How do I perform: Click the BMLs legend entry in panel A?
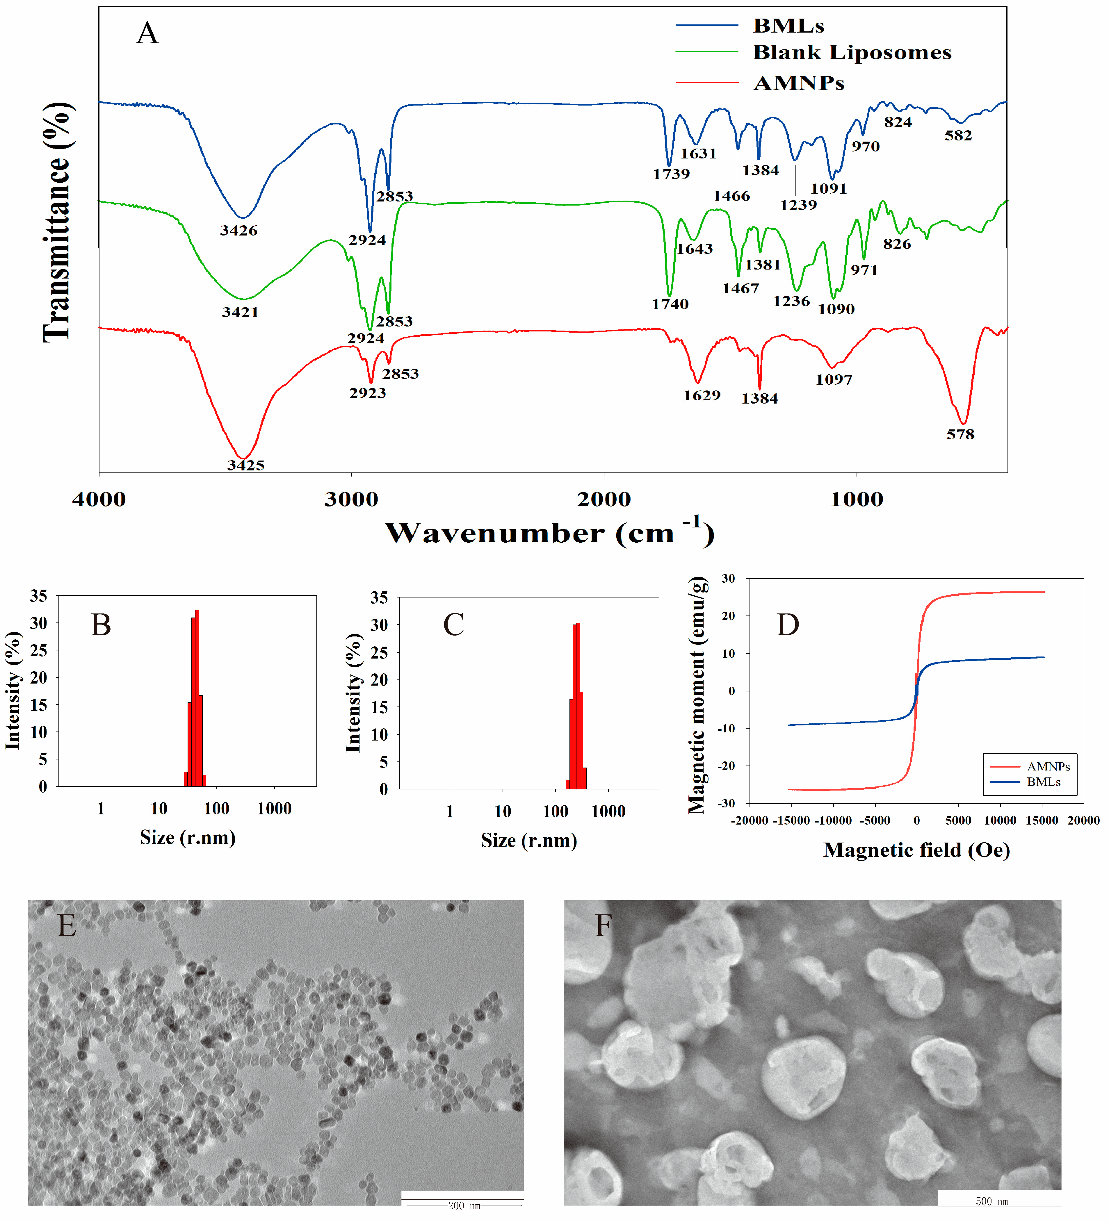(x=788, y=26)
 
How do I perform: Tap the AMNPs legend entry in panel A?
(x=799, y=83)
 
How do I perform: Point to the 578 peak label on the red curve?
(x=960, y=434)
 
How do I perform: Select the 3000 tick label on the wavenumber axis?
(x=351, y=499)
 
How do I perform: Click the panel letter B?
(x=101, y=625)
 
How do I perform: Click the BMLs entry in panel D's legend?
(x=1043, y=782)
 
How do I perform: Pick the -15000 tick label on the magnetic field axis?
(x=791, y=821)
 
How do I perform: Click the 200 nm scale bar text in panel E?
(x=464, y=1206)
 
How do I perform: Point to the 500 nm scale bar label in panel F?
(x=991, y=1201)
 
